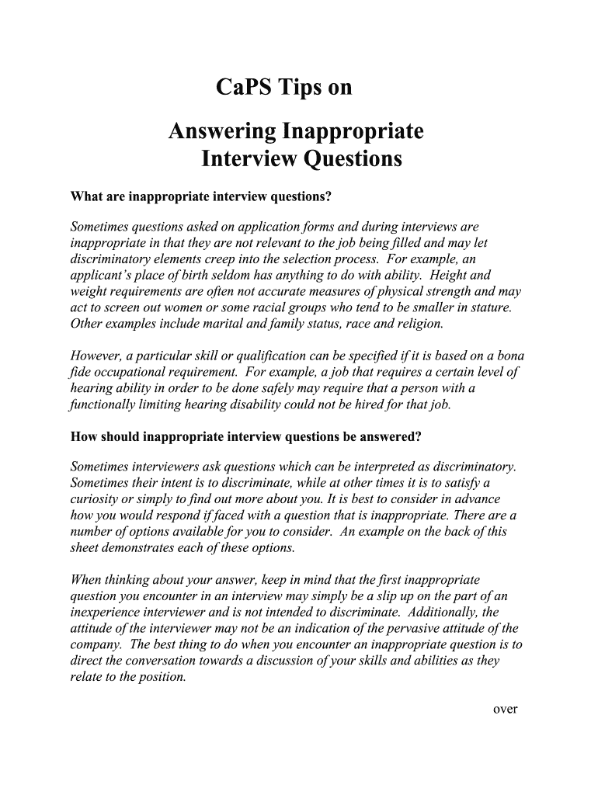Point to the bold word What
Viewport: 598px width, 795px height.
click(85, 196)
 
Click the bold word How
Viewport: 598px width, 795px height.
click(85, 436)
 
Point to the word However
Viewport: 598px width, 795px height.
click(96, 356)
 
